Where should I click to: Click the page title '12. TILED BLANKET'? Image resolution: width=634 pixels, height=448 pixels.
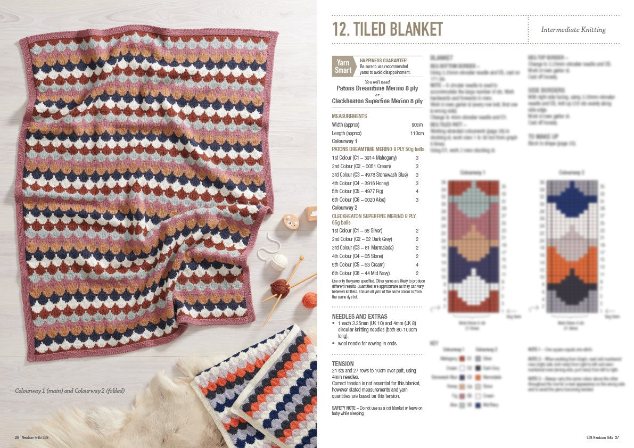pyautogui.click(x=388, y=29)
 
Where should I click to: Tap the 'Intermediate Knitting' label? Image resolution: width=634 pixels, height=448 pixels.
pyautogui.click(x=573, y=30)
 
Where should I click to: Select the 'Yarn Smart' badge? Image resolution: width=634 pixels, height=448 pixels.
pyautogui.click(x=343, y=67)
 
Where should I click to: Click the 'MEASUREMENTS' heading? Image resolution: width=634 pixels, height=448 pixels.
pyautogui.click(x=349, y=116)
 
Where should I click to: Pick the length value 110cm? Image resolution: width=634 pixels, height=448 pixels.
pyautogui.click(x=417, y=133)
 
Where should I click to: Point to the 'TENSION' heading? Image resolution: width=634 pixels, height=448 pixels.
pyautogui.click(x=343, y=364)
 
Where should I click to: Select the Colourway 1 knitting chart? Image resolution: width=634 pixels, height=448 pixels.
pyautogui.click(x=473, y=246)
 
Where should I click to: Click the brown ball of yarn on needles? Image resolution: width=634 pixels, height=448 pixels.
pyautogui.click(x=279, y=287)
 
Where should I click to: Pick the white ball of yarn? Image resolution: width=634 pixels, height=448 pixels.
pyautogui.click(x=278, y=262)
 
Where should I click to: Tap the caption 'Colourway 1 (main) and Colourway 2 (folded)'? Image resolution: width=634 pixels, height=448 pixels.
pyautogui.click(x=70, y=391)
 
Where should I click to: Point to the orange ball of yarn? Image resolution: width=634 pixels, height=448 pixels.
pyautogui.click(x=309, y=300)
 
